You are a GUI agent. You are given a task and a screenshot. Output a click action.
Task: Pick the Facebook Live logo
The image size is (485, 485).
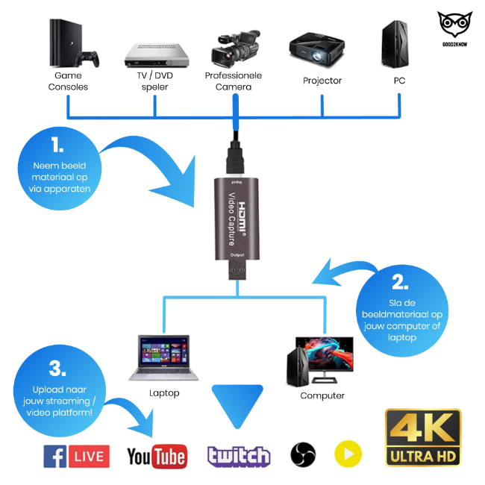pos(76,455)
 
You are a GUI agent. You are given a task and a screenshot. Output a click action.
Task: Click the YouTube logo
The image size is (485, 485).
pos(157,456)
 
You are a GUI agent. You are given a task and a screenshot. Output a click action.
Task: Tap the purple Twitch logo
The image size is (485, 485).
pos(239,455)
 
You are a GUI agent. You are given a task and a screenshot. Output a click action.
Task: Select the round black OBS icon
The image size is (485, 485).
pos(303,454)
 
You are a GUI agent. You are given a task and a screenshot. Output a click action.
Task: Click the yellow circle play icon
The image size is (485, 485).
pos(348,454)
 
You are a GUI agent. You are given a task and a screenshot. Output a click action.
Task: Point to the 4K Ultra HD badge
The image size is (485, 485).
pos(422,437)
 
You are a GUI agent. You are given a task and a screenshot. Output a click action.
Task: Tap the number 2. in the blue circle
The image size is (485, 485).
pos(400,282)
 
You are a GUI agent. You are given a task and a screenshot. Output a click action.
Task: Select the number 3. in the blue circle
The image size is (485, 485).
pos(57,369)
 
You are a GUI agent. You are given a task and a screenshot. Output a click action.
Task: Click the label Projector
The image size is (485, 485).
pos(322,81)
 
